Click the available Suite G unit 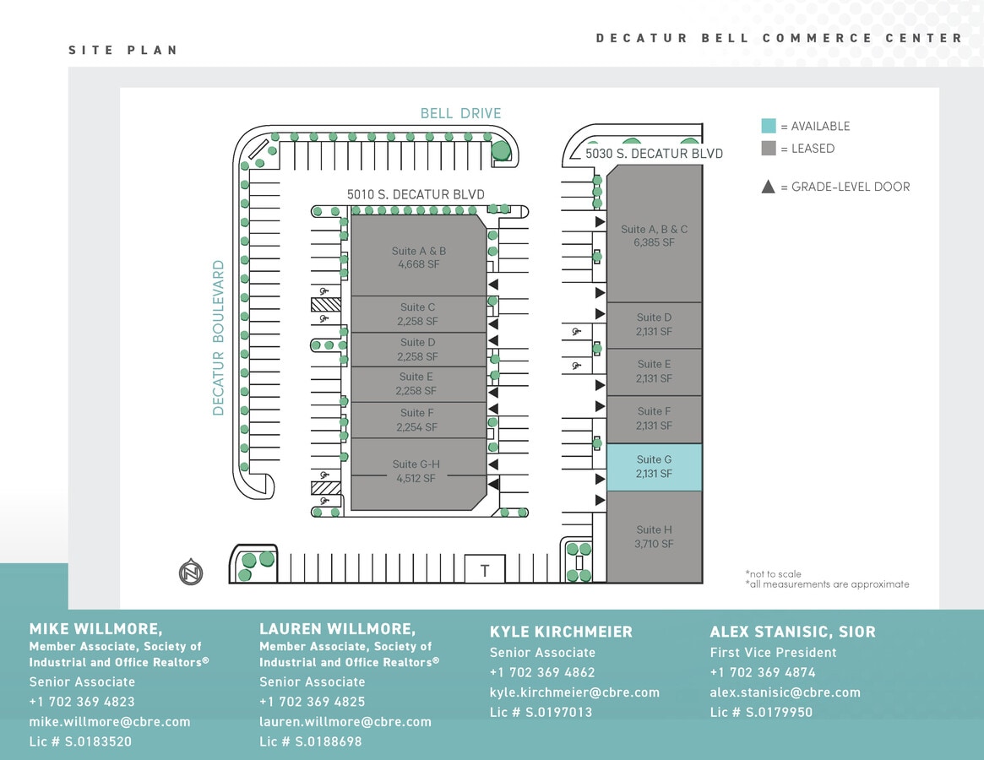[x=655, y=467]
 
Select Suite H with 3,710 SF [x=655, y=537]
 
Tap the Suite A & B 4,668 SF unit [x=419, y=257]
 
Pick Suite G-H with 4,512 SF [x=416, y=471]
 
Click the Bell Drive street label [x=460, y=113]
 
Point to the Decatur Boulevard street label [x=219, y=338]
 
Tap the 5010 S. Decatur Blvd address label [x=416, y=194]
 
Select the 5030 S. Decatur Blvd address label [x=655, y=154]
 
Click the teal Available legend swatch [x=769, y=126]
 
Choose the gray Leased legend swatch [x=769, y=148]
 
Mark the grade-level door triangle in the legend [x=769, y=187]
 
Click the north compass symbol [x=191, y=573]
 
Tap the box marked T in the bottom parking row [x=485, y=570]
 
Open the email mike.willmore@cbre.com [x=110, y=722]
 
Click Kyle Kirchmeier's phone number [x=542, y=672]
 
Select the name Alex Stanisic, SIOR [x=792, y=632]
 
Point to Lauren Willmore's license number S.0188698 [x=310, y=741]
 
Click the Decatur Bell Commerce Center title [x=779, y=38]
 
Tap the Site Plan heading [x=123, y=50]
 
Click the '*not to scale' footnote [x=773, y=574]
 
